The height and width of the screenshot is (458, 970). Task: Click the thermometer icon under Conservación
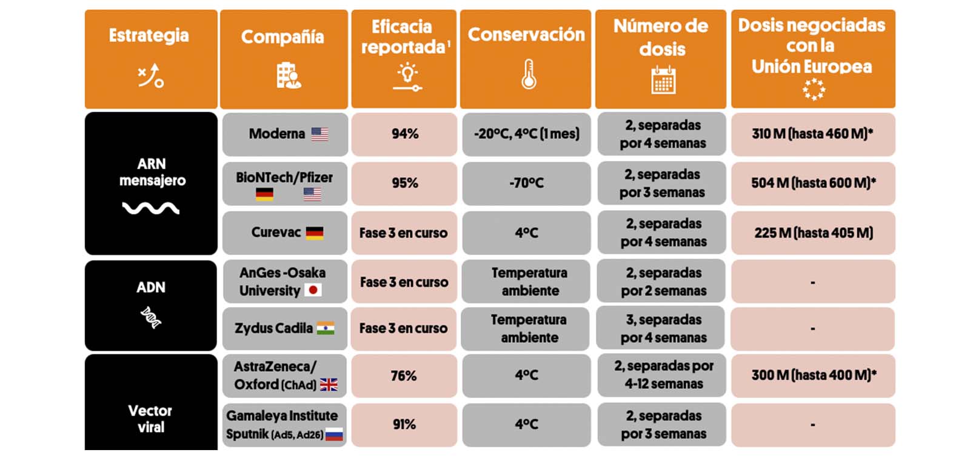tap(529, 75)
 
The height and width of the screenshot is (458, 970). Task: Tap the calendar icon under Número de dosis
tap(663, 79)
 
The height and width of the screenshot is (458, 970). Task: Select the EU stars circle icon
tap(814, 89)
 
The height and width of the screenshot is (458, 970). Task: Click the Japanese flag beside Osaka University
tap(313, 290)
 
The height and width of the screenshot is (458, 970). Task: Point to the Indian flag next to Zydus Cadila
tap(326, 328)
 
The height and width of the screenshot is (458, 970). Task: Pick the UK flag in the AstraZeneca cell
tap(329, 385)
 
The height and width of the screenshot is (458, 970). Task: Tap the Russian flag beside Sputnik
tap(334, 434)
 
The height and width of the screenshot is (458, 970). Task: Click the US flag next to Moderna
tap(319, 134)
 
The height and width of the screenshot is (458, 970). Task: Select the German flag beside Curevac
tap(314, 233)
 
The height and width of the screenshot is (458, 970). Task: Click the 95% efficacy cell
tap(404, 183)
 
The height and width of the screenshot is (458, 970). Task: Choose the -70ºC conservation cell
tap(526, 183)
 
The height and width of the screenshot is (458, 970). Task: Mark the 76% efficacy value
tap(404, 376)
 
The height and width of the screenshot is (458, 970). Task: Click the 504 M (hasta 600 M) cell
tap(813, 183)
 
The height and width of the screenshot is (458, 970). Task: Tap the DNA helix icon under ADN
tap(150, 317)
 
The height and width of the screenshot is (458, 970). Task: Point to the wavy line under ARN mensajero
tap(150, 208)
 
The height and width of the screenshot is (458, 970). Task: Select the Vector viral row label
tap(150, 419)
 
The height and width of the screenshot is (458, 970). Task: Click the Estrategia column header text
tap(149, 36)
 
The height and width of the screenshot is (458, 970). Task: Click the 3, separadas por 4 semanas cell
tap(663, 328)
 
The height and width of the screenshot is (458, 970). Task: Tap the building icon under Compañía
tap(288, 76)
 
